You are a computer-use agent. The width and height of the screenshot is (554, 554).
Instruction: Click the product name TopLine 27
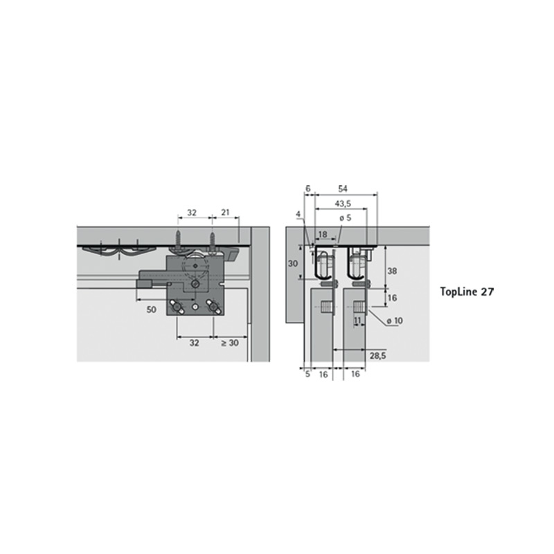467,292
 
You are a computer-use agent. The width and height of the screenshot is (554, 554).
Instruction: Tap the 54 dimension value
343,188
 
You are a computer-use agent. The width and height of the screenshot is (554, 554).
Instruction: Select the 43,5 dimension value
343,204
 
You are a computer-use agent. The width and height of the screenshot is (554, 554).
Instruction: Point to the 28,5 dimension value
377,356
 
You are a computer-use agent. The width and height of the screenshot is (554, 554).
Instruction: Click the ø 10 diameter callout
395,321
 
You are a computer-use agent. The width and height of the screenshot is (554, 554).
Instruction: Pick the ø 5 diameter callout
346,218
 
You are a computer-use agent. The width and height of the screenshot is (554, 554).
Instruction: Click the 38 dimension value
392,271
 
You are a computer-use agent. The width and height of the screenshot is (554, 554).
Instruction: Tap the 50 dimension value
151,310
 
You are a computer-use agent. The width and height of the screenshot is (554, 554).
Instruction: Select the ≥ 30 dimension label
230,343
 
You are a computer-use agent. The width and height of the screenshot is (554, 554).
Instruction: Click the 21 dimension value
225,213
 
